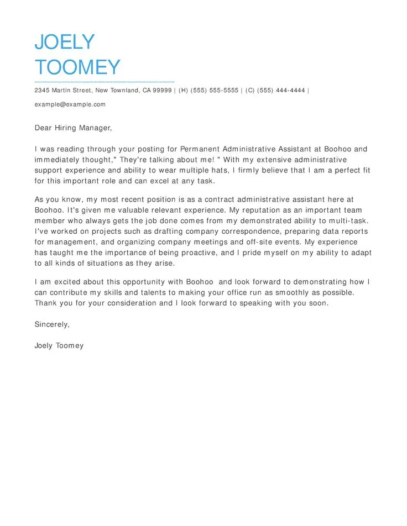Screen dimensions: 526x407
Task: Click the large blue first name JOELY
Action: (65, 42)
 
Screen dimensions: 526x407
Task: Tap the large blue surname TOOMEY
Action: (77, 67)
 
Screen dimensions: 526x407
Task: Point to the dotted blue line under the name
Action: (104, 81)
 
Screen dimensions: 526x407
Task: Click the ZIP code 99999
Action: (162, 91)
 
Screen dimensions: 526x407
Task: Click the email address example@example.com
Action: (70, 104)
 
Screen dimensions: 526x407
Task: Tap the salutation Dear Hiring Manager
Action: (73, 128)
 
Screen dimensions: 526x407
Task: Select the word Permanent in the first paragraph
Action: (201, 149)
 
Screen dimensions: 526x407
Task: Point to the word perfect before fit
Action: (343, 170)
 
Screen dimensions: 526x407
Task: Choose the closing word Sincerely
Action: (52, 324)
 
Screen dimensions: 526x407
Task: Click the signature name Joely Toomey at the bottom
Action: (59, 346)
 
